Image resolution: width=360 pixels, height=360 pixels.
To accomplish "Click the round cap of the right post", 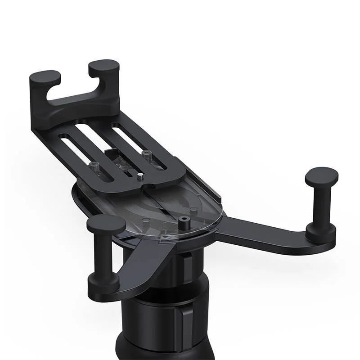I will (321, 175).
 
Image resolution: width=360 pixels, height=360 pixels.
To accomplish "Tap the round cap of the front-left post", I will (106, 224).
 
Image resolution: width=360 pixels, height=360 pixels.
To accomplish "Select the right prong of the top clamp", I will (104, 67).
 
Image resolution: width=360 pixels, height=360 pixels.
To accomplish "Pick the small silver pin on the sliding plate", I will (140, 176).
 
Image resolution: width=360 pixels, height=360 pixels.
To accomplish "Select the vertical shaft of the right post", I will (321, 205).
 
